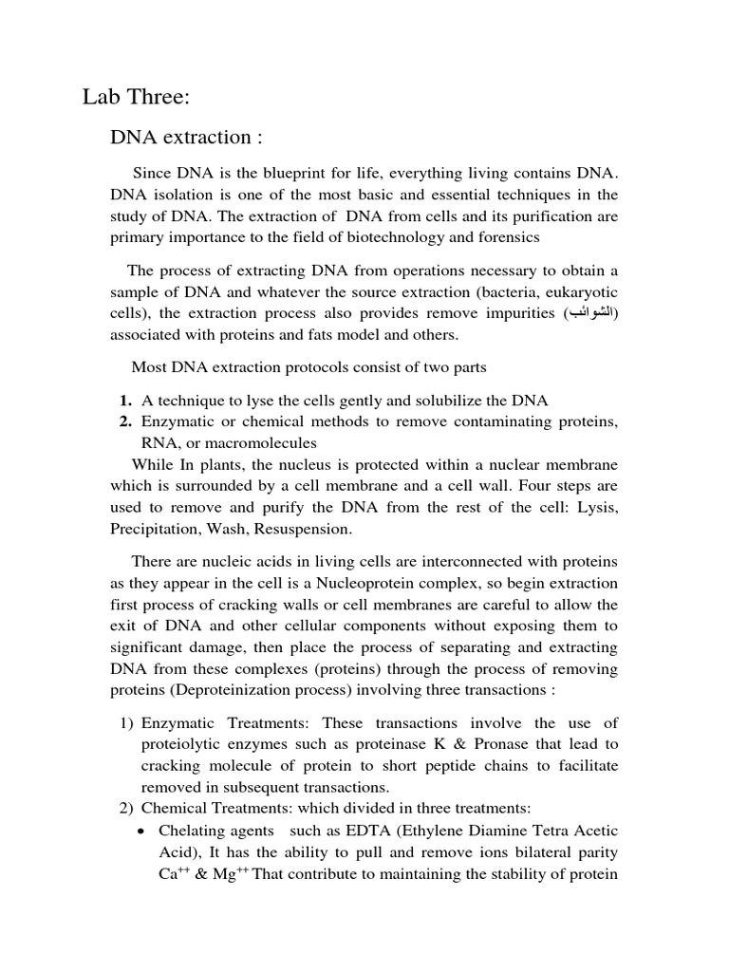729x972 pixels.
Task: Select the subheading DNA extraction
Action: point(186,138)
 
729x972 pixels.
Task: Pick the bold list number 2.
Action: point(125,422)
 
